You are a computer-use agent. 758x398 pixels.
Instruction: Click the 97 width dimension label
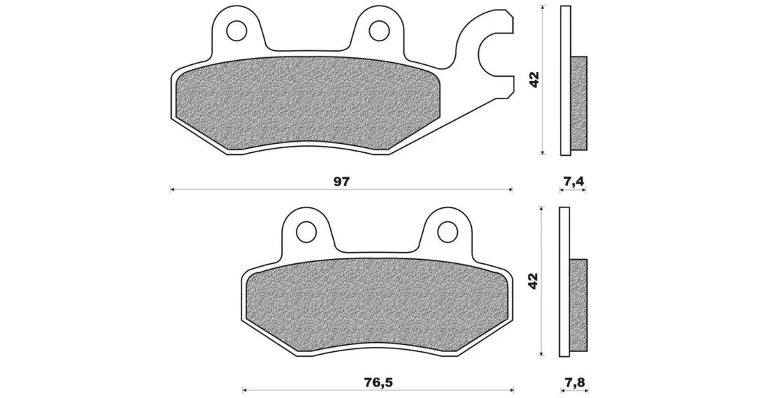(341, 182)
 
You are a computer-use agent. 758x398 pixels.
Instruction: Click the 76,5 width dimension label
(379, 383)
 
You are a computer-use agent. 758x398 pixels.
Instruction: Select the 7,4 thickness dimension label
(574, 182)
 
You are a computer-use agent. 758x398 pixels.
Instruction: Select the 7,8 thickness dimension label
(574, 383)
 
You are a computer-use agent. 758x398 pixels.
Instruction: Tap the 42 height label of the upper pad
(534, 80)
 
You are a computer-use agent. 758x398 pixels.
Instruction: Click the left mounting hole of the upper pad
(237, 31)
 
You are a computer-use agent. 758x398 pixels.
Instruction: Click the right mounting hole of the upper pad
(379, 31)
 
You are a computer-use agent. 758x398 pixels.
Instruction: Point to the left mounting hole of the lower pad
(306, 231)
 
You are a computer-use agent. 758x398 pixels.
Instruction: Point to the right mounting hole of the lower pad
(447, 231)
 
